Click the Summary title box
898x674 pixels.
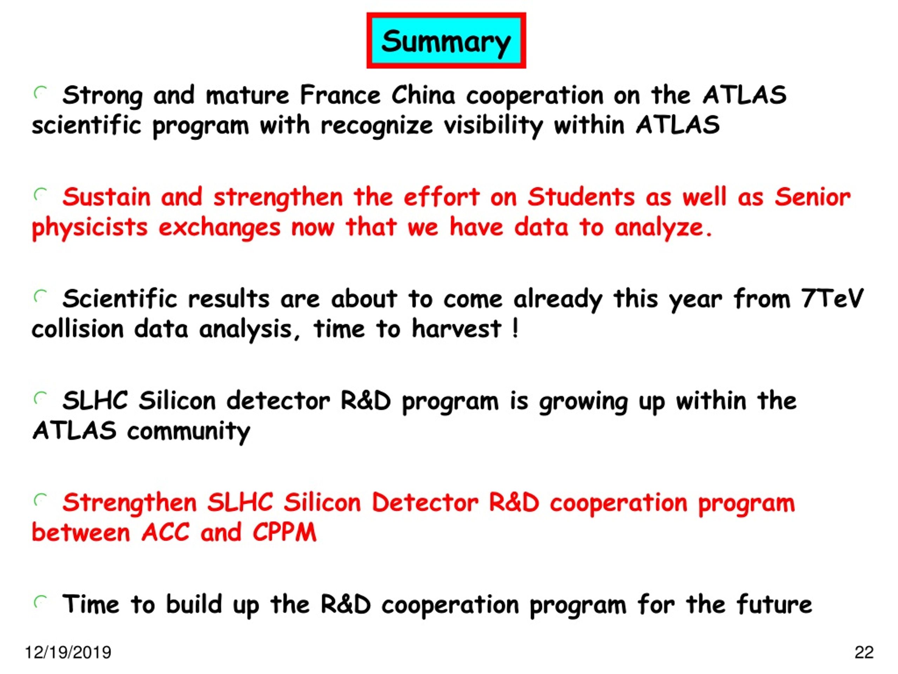tap(446, 41)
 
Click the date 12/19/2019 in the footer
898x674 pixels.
tap(68, 652)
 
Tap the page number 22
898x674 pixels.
tap(864, 652)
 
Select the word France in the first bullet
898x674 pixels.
tap(340, 95)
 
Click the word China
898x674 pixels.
tap(423, 95)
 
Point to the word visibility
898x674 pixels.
tap(494, 126)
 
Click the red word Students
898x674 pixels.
tap(581, 197)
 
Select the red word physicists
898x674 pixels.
tap(90, 228)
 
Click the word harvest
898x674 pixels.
tap(456, 329)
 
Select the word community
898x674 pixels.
tap(189, 431)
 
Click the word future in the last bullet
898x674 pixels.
tap(774, 604)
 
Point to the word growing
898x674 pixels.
tap(583, 401)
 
